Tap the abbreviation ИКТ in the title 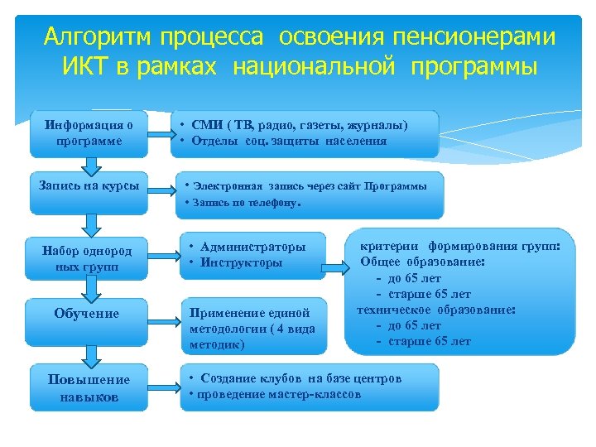[84, 66]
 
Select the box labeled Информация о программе [89, 132]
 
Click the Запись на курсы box [89, 185]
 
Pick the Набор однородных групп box [87, 258]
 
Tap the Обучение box [87, 314]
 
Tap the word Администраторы [252, 247]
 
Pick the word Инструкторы [241, 262]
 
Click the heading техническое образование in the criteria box [435, 310]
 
